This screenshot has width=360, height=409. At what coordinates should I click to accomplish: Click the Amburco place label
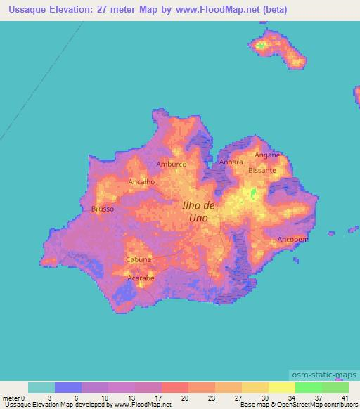coord(171,164)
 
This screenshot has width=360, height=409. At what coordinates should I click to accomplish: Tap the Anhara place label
coord(231,162)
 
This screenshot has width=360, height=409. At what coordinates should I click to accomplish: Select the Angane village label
coord(267,155)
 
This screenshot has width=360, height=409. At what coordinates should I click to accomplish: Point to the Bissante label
coord(262,170)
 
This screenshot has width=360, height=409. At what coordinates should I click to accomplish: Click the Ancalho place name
coord(141,181)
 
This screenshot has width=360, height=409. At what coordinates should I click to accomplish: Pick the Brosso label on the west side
coord(103,209)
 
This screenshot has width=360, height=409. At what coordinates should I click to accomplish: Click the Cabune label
coord(139,259)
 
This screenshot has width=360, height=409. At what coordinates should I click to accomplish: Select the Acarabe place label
coord(141,278)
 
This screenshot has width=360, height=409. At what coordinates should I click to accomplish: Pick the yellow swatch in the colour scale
coord(281,387)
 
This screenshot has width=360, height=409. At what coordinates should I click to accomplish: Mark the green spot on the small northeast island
coord(262,46)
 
